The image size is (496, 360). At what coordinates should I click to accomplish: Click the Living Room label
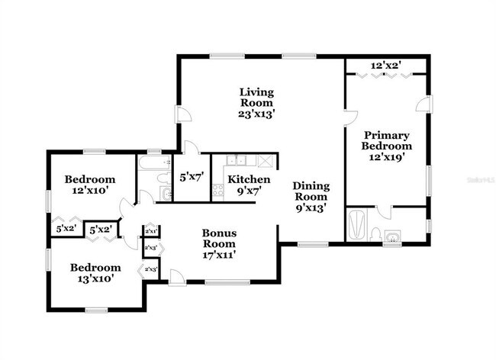(x=256, y=102)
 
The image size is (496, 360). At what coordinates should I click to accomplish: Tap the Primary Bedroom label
(x=386, y=146)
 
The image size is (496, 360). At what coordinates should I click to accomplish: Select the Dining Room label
(x=311, y=196)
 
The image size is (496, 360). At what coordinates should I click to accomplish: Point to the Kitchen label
(x=249, y=185)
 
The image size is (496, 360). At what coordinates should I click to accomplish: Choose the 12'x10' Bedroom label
(x=90, y=185)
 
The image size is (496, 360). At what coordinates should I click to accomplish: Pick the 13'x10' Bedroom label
(x=95, y=273)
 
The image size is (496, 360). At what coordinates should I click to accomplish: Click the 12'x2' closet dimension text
(x=386, y=65)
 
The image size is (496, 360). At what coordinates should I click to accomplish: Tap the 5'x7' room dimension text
(x=190, y=178)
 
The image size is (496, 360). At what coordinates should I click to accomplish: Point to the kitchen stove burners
(x=217, y=188)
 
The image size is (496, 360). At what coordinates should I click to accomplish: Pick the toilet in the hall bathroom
(x=163, y=178)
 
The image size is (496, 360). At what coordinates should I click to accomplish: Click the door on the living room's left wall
(x=183, y=114)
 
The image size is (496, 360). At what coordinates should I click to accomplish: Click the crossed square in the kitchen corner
(x=266, y=160)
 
